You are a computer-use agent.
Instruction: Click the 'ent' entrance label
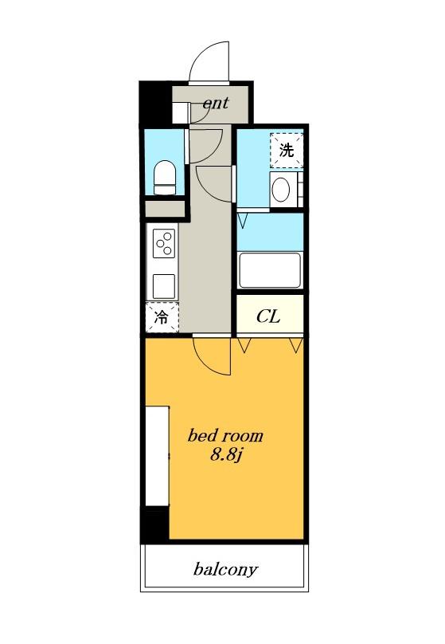click(216, 103)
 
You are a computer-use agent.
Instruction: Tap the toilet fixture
click(165, 178)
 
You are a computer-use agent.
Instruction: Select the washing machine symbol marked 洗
click(287, 151)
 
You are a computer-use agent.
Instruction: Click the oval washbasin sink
click(281, 190)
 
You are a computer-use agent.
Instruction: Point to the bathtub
click(270, 270)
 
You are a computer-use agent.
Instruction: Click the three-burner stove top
click(164, 243)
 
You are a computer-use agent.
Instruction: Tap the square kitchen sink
click(164, 286)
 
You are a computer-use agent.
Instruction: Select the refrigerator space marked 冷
click(162, 316)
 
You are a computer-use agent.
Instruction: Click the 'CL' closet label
click(268, 316)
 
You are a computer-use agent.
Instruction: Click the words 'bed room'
click(225, 436)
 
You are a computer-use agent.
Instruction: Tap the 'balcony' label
click(225, 570)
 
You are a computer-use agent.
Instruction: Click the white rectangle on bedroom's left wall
click(158, 456)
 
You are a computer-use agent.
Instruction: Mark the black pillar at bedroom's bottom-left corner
click(155, 524)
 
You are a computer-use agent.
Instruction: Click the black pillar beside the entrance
click(155, 103)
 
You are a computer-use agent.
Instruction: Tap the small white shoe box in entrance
click(180, 113)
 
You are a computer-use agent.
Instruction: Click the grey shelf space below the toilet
click(165, 209)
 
